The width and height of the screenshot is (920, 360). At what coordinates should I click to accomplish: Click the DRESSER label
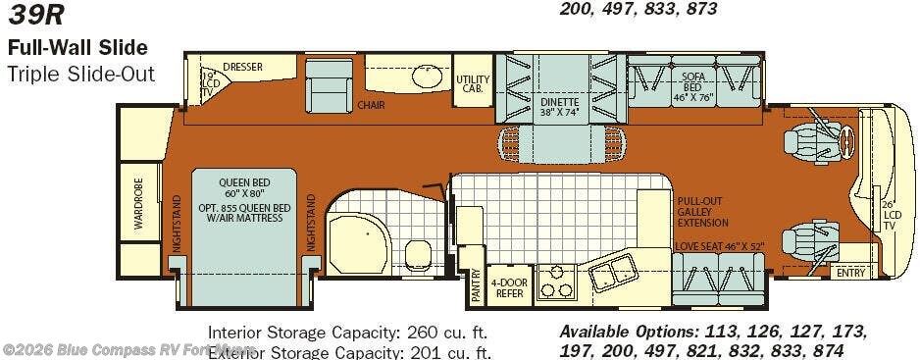[x=242, y=68]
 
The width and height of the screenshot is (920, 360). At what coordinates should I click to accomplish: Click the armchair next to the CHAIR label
[x=329, y=87]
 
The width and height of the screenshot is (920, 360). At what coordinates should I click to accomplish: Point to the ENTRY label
[x=850, y=273]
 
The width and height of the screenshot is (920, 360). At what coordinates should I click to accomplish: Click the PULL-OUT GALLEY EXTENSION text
[x=701, y=210]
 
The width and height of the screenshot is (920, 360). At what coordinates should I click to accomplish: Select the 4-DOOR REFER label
[x=509, y=287]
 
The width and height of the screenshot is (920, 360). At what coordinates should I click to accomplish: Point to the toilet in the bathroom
[x=416, y=254]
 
